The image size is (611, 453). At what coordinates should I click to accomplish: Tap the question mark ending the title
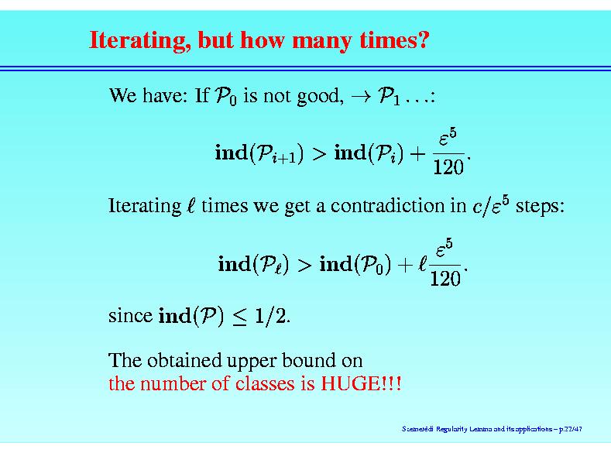[x=422, y=39]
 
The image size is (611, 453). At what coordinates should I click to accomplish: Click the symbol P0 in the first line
[x=225, y=96]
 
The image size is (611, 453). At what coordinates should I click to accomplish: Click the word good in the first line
[x=320, y=97]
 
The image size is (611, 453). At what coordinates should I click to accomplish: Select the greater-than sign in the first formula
[x=319, y=153]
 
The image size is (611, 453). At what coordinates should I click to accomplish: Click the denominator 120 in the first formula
[x=448, y=167]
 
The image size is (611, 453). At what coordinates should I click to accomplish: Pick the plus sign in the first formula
[x=417, y=153]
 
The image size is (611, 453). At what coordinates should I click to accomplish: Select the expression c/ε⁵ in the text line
[x=491, y=205]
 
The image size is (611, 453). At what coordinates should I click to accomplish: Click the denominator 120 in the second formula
[x=445, y=279]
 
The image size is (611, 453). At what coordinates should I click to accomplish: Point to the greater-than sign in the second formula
[x=304, y=265]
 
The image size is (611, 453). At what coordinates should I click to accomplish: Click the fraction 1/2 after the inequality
[x=270, y=316]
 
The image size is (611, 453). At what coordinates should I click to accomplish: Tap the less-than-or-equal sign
[x=239, y=317]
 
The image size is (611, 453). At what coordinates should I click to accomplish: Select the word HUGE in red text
[x=350, y=383]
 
